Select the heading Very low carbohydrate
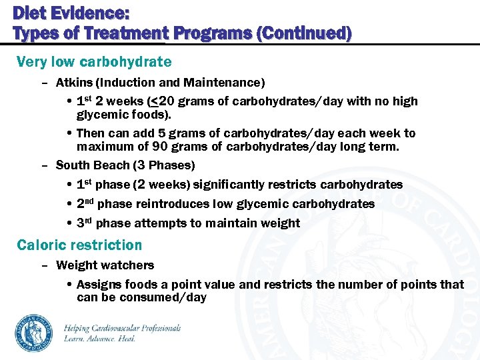(x=94, y=62)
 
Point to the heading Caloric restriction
(x=79, y=245)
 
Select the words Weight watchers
(x=105, y=265)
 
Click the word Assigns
(x=99, y=285)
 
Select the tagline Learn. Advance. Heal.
(x=99, y=339)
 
